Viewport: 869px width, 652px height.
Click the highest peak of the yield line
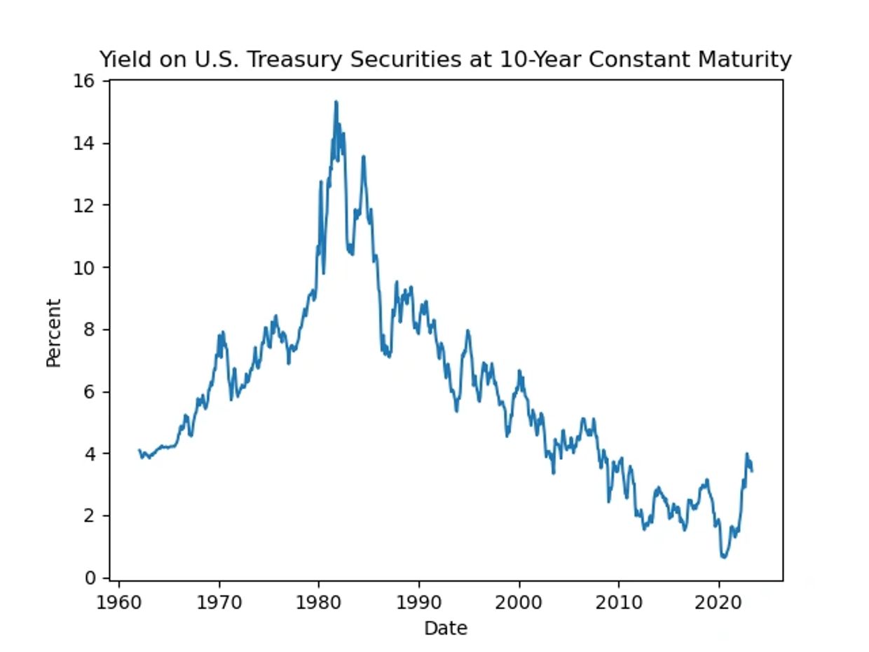point(336,102)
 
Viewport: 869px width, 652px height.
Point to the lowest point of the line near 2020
point(724,557)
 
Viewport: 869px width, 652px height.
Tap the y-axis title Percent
point(54,332)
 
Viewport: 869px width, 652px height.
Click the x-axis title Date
point(445,628)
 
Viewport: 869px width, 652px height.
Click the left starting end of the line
point(139,450)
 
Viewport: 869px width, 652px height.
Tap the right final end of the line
point(752,471)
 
